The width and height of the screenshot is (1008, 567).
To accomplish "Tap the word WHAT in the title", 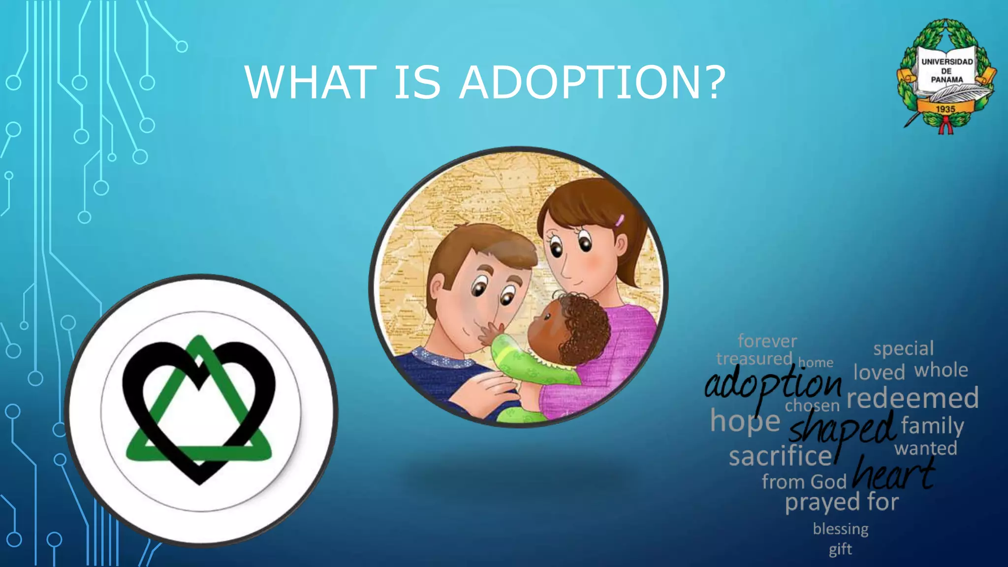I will [x=311, y=83].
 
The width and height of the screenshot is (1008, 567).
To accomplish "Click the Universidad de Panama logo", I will [x=946, y=77].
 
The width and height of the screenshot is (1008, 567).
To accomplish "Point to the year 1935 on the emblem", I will [x=945, y=109].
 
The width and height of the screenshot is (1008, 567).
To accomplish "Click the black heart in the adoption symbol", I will [x=148, y=389].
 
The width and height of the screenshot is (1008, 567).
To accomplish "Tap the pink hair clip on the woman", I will [x=619, y=220].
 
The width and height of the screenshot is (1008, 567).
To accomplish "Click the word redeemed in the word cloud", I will [x=913, y=398].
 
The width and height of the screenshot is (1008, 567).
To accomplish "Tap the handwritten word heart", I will [x=893, y=473].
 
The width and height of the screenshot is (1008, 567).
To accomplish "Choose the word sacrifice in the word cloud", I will [x=780, y=456].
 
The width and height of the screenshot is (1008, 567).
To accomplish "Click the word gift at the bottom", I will [x=840, y=549].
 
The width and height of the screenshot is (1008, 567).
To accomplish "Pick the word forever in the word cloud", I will [x=767, y=341].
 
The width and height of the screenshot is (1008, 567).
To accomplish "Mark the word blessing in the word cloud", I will [x=840, y=529].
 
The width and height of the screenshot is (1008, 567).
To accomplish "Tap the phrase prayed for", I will [x=842, y=503].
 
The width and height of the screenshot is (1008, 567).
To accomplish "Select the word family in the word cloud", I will [x=932, y=425].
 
